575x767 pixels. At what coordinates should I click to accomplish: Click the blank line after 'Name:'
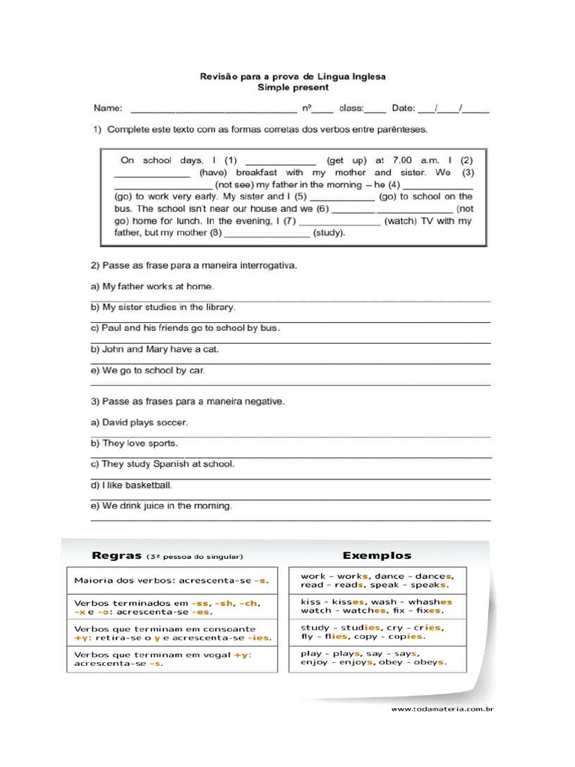[x=214, y=110]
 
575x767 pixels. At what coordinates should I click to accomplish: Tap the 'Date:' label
[x=404, y=108]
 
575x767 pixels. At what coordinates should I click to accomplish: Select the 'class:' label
[x=350, y=108]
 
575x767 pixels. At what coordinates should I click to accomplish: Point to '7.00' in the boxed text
[x=402, y=160]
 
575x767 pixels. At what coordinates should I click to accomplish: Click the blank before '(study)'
[x=267, y=234]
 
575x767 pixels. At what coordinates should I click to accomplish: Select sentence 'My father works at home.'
[x=158, y=286]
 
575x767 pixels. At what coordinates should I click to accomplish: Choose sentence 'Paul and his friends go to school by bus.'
[x=191, y=328]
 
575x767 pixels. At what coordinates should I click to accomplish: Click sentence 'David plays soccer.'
[x=144, y=422]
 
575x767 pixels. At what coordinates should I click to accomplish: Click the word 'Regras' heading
[x=116, y=556]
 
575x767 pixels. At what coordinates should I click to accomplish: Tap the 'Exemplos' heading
[x=377, y=556]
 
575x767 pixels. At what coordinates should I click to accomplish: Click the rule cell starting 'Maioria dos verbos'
[x=171, y=580]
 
